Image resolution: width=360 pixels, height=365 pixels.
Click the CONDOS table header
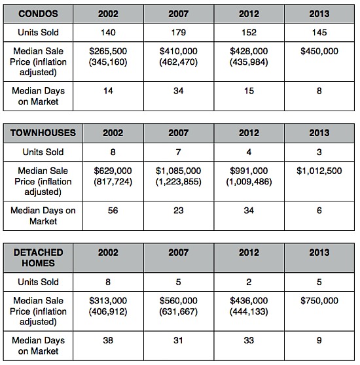38,14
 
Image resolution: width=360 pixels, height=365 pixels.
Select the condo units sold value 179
179,32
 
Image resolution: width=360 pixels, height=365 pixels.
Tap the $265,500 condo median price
108,51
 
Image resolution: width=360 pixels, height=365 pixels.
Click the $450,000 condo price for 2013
319,51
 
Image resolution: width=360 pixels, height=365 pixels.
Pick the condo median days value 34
179,91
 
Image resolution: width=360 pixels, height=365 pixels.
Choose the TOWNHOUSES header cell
43,133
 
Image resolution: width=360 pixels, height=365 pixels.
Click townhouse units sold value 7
179,152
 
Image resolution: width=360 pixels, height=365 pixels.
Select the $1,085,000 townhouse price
179,171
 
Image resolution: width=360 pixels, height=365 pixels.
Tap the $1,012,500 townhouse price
319,171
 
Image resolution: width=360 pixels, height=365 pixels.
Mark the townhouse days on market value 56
113,211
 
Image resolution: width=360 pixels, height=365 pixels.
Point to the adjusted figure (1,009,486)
249,182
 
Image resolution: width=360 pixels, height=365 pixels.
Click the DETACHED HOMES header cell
38,258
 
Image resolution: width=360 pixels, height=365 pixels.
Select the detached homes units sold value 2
249,282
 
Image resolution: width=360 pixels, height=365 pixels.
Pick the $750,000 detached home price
319,301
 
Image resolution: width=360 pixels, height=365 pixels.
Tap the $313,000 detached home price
108,301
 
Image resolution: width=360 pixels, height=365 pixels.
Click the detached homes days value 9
319,341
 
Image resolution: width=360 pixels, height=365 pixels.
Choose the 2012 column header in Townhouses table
249,133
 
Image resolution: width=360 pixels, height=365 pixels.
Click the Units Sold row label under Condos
38,32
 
